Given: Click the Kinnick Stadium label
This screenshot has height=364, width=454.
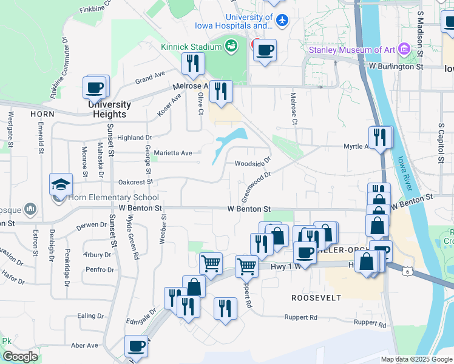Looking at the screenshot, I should [191, 47].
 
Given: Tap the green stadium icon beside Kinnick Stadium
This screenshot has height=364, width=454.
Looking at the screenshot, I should [231, 45].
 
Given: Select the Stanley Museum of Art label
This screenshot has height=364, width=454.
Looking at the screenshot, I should [352, 49].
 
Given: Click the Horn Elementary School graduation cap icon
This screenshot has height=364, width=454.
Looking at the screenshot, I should [60, 184].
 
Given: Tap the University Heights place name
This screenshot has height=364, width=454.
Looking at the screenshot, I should [110, 109].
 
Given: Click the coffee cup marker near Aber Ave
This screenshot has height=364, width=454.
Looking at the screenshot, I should [136, 346].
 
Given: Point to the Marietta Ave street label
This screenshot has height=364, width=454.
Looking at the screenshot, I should [173, 153].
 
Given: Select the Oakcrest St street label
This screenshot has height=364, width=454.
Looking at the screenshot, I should [135, 181].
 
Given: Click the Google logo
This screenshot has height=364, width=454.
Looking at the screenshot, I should [20, 357].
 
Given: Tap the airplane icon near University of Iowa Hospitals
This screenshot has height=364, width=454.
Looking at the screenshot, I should [281, 21].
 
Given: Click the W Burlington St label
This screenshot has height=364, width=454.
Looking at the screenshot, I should [395, 66].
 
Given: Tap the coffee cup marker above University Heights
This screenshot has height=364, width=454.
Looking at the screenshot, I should [95, 87].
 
